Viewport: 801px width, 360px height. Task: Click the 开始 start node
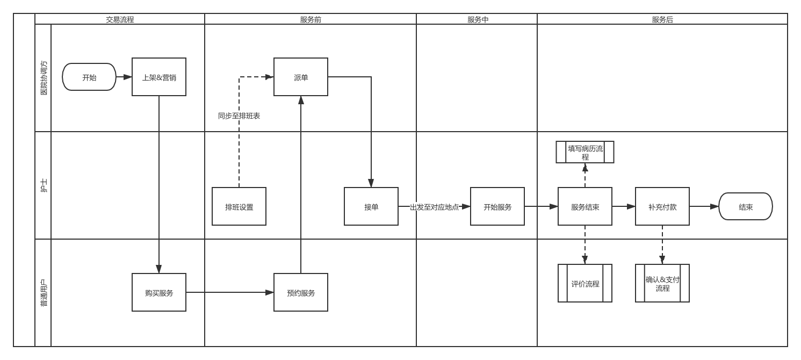[x=89, y=77]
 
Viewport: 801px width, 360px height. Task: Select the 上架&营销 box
[x=159, y=77]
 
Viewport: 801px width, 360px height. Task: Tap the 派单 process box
[x=301, y=77]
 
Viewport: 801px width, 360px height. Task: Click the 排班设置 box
[x=239, y=206]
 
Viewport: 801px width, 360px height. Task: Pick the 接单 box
[x=371, y=206]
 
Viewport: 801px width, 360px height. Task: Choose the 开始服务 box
[x=497, y=206]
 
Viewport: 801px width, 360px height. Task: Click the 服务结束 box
[x=585, y=206]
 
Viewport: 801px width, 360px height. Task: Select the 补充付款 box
[x=662, y=206]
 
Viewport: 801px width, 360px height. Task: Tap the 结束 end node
[x=746, y=206]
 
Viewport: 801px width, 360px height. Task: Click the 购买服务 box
[x=159, y=292]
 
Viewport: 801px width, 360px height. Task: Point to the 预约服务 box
[x=301, y=292]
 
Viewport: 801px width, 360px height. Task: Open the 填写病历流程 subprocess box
[x=585, y=152]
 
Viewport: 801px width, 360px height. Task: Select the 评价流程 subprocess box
[x=585, y=283]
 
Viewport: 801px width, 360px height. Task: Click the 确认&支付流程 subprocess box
[x=662, y=283]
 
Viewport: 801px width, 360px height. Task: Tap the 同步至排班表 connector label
[x=239, y=116]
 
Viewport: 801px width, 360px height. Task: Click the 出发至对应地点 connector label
[x=434, y=207]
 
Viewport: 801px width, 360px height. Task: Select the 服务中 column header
[x=477, y=19]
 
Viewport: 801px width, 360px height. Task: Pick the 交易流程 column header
[x=120, y=19]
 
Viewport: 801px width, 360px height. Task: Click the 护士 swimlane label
[x=44, y=185]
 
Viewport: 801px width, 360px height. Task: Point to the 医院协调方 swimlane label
[x=44, y=78]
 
